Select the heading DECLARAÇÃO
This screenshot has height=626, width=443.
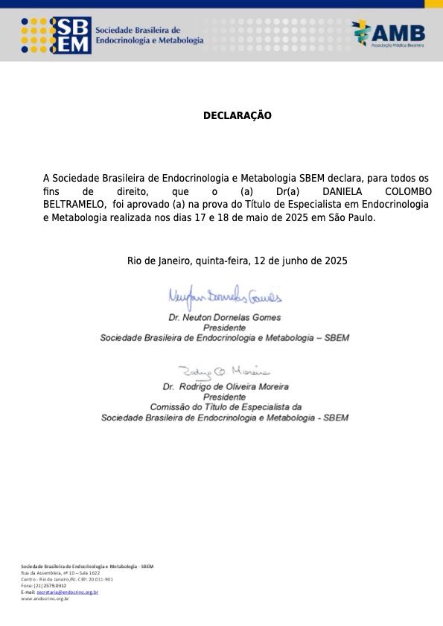[238, 116]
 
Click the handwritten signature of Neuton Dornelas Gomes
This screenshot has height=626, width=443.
[225, 298]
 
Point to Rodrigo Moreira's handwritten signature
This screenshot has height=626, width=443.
[224, 371]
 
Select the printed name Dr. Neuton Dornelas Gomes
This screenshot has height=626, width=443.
[225, 317]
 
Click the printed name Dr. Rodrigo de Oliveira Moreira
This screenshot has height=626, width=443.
[225, 387]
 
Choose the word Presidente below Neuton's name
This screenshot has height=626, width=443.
[225, 328]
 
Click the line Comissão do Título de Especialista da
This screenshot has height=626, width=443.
[225, 407]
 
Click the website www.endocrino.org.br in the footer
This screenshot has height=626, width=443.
[45, 598]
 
